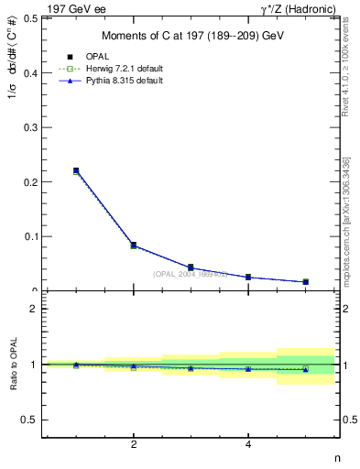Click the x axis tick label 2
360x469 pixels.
tap(134, 445)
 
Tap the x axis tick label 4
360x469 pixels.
tap(248, 445)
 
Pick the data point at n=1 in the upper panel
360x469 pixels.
tap(76, 170)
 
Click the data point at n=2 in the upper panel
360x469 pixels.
tap(134, 245)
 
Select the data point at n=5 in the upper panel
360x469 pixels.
tap(305, 282)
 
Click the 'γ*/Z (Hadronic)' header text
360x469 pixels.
tap(300, 8)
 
